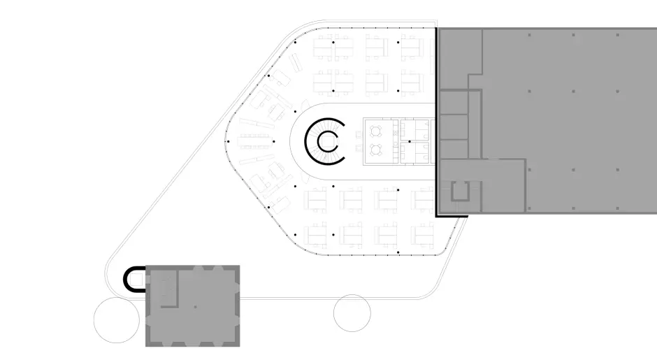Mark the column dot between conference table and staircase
pos(273,141)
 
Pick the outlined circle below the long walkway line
pos(352,312)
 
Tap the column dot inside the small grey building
pos(195,306)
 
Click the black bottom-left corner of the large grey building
pos(438,215)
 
